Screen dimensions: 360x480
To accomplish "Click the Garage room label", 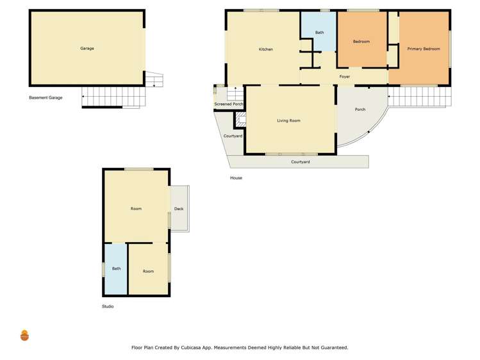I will pos(87,49).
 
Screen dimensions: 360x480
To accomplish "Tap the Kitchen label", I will pos(265,49).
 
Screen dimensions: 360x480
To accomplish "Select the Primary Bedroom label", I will pos(423,49).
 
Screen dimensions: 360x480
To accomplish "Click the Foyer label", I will pos(344,77).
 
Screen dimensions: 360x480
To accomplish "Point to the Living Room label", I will pos(288,120).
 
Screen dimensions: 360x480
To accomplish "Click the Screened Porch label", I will pos(229,104).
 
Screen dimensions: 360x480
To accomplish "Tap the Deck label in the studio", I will pos(179,209).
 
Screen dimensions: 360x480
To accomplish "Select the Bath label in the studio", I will pos(116,268).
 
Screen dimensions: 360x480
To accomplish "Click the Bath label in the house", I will pos(319,33).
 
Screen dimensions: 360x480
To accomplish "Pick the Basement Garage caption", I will pos(46,98).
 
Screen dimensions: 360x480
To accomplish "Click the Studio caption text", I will pos(108,307).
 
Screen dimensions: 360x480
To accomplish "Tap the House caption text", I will pos(236,178).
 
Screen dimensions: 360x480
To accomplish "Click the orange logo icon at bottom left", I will pos(25,335).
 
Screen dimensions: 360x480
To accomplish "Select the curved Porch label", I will pos(360,110).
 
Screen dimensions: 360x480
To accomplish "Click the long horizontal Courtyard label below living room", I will pos(300,162).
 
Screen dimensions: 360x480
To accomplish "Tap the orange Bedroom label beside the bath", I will pos(361,42).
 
